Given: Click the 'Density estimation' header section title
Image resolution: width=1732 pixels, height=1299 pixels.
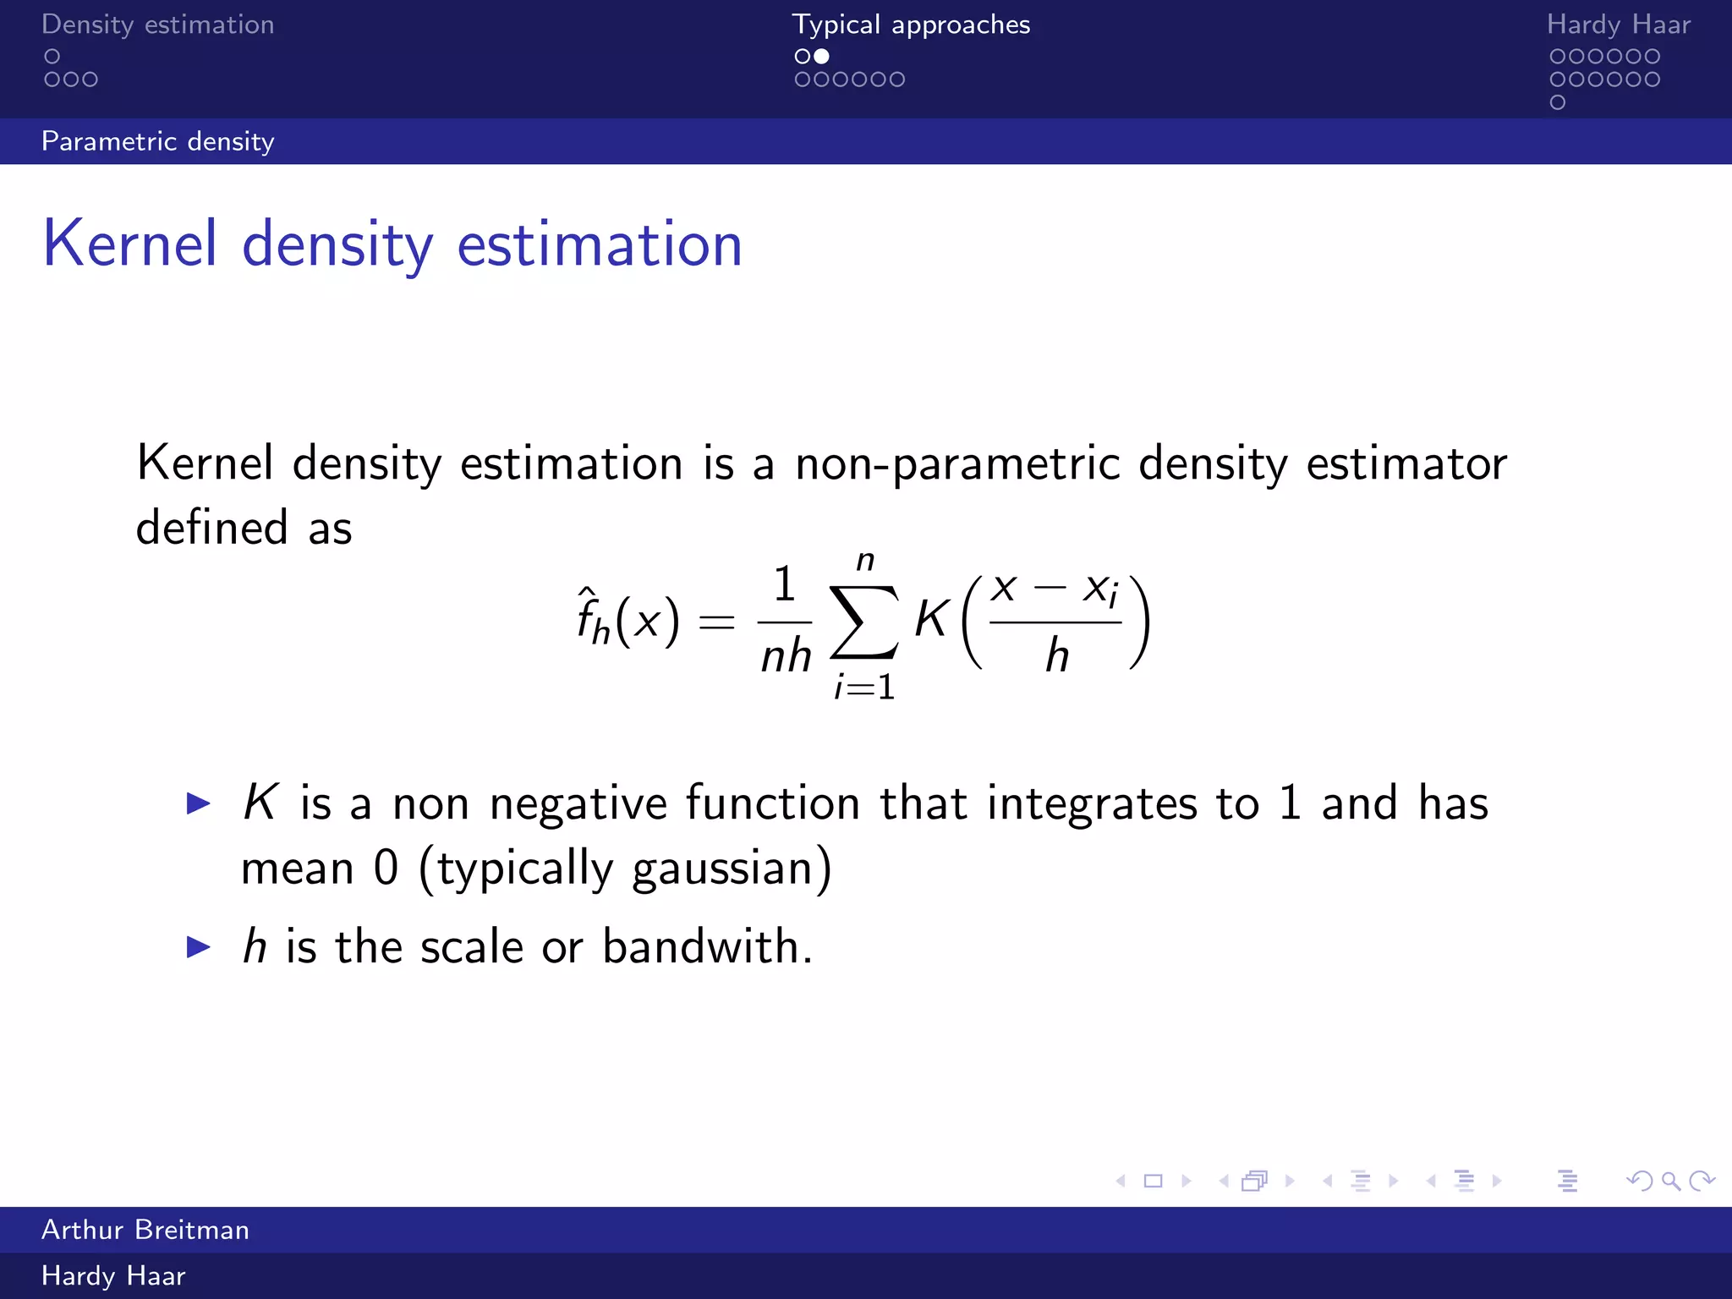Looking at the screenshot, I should tap(157, 25).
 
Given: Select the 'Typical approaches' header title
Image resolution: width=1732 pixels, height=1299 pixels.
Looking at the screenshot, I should tap(911, 25).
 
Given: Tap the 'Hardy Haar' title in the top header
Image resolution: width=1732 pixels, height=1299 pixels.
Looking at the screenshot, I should tap(1618, 25).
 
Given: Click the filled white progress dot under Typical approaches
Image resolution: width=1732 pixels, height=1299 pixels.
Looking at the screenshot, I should tap(821, 57).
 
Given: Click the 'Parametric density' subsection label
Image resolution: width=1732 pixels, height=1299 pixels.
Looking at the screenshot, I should tap(157, 141).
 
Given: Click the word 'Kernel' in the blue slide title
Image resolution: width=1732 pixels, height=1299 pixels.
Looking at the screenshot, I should tap(130, 244).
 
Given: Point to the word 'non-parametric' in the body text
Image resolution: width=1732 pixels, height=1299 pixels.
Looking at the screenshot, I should tap(957, 464).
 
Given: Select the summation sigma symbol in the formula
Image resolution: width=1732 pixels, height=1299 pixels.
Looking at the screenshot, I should tap(863, 622).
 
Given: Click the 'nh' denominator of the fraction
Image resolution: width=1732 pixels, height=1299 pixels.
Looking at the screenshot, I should tap(786, 656).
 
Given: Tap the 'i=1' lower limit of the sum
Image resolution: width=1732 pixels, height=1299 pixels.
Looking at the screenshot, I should tap(864, 687).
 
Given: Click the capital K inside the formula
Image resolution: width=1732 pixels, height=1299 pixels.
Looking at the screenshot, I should tap(931, 619).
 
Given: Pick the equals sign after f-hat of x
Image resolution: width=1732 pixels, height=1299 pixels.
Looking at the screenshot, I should tap(716, 623).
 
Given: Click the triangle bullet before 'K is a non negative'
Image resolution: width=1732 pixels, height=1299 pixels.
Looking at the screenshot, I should tap(199, 803).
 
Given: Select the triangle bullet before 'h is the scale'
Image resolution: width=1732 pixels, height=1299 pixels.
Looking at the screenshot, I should tap(199, 946).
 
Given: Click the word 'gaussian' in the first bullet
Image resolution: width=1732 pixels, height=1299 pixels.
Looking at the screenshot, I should tap(722, 869).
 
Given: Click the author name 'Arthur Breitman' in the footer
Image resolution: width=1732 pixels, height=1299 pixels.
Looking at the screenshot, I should tap(145, 1230).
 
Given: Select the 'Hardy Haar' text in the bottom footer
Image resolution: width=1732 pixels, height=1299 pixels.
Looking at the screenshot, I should tap(113, 1276).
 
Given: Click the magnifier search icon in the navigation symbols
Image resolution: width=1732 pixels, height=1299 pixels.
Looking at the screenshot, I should tap(1670, 1181).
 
